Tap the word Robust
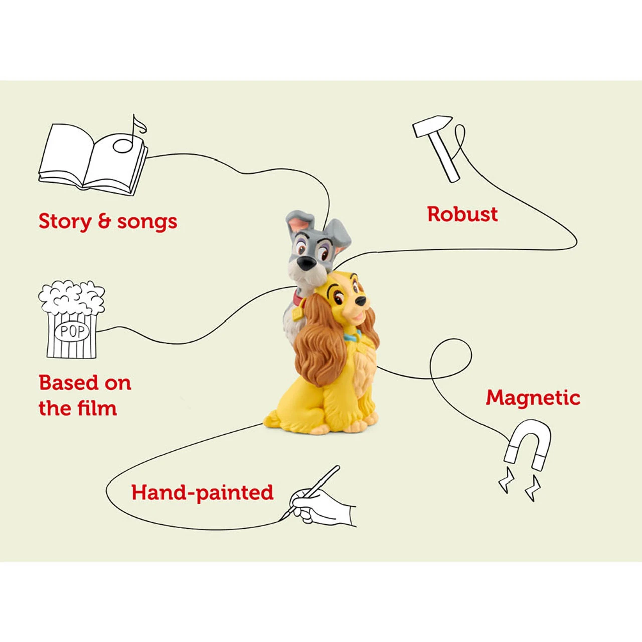click(462, 214)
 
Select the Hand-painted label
click(203, 493)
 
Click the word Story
click(65, 222)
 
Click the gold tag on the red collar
click(297, 314)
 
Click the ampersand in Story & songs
click(104, 222)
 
